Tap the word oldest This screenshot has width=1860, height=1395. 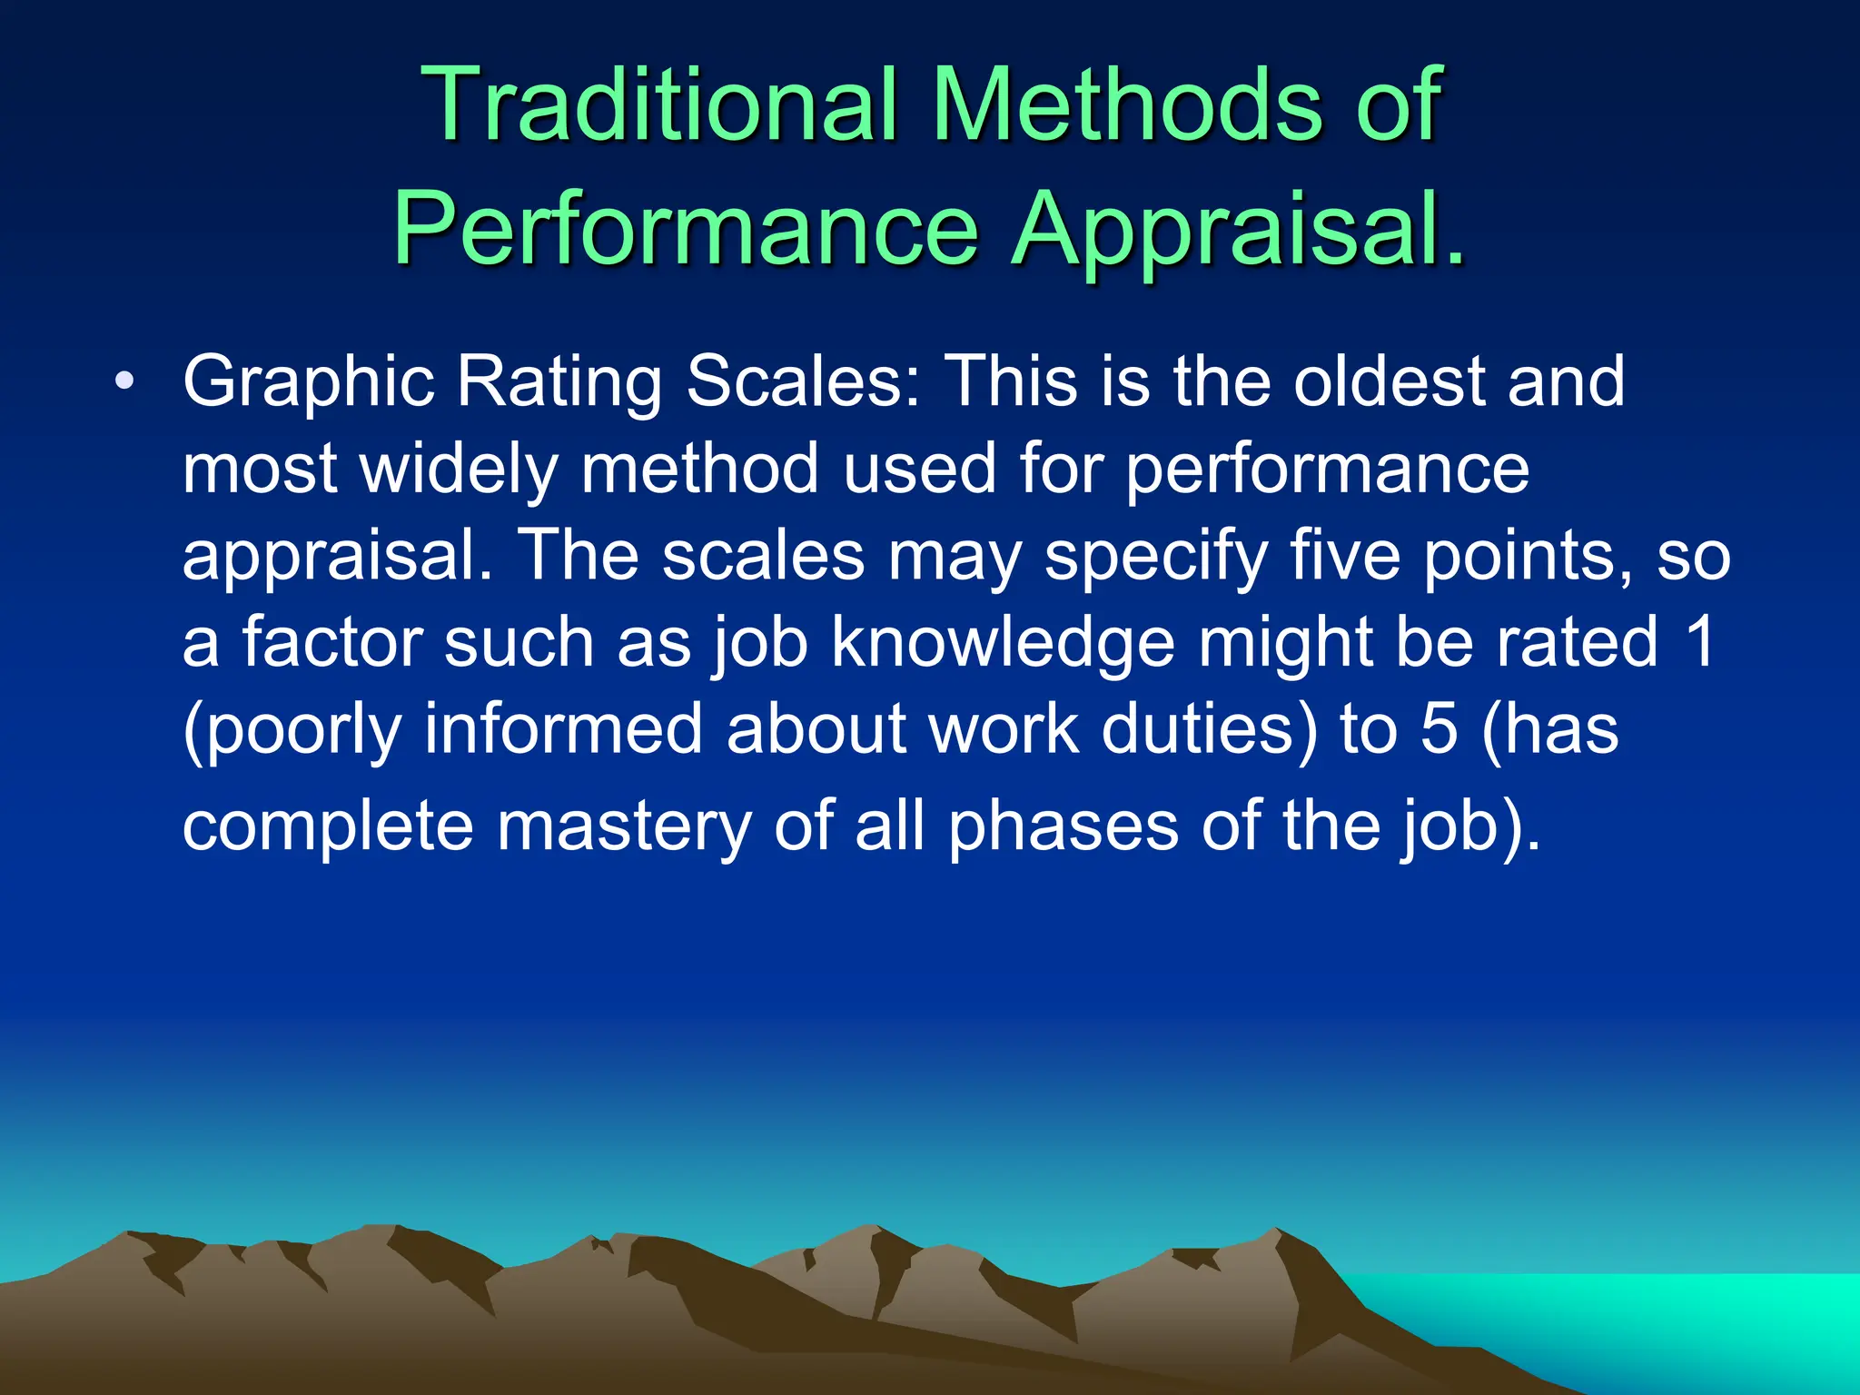click(x=1388, y=381)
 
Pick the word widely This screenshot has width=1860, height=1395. click(x=459, y=470)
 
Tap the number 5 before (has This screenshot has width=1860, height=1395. click(x=1439, y=728)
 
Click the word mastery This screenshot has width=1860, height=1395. click(x=624, y=827)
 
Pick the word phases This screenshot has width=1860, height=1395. click(x=1063, y=827)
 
